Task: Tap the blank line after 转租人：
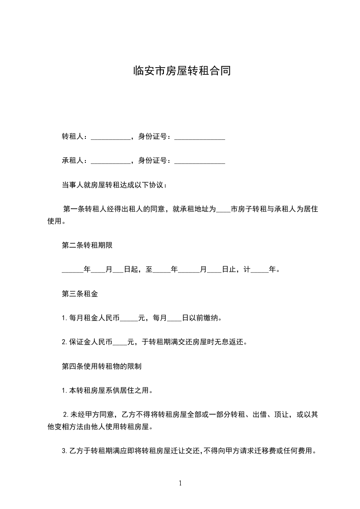coord(110,137)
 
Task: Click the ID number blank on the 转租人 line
coord(200,137)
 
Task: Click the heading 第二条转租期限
coord(87,245)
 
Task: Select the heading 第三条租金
coord(80,294)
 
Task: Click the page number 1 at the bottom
coord(180,483)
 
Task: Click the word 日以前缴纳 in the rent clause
coord(202,318)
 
